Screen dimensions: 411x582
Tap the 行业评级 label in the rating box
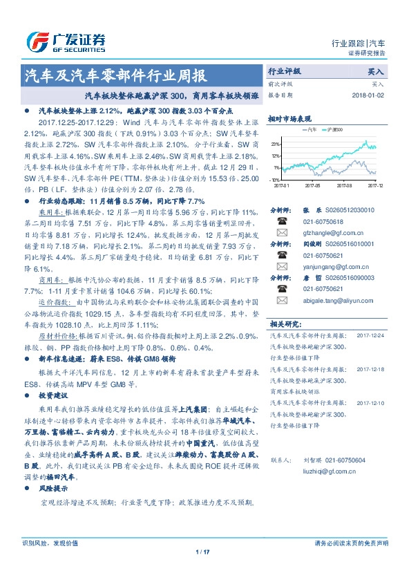284,71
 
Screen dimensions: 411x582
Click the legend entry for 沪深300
335,129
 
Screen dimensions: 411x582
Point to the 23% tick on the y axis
276,144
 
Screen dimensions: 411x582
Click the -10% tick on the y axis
275,179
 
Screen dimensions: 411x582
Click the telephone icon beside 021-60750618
281,221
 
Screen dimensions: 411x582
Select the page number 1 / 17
202,552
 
